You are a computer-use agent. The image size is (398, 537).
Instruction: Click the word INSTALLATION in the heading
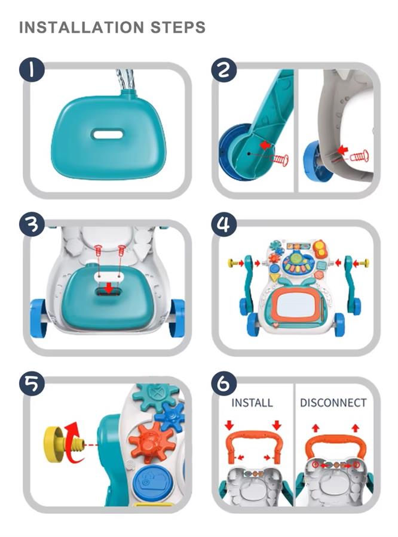click(81, 27)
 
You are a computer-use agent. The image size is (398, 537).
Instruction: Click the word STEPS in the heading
click(178, 27)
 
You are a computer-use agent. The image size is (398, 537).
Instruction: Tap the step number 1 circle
click(32, 70)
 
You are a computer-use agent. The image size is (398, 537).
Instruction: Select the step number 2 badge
click(224, 70)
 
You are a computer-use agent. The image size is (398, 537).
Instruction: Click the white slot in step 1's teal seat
click(108, 134)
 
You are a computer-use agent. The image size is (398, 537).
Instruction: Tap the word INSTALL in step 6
click(252, 403)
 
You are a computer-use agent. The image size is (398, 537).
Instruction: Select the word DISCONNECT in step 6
click(333, 403)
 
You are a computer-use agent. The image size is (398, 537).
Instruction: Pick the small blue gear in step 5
click(170, 417)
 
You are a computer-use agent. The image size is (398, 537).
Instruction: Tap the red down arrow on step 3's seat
click(109, 289)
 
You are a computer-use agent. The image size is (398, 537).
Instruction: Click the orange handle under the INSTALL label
click(255, 439)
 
